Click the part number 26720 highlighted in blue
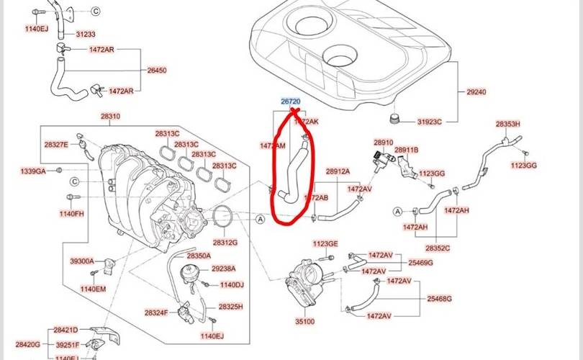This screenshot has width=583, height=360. click(290, 102)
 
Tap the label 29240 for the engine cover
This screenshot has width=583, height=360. click(476, 92)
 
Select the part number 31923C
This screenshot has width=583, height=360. click(430, 122)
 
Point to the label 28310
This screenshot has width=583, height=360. click(110, 116)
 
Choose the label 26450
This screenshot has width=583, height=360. click(157, 71)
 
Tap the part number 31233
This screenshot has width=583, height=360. click(86, 34)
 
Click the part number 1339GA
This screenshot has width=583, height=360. click(32, 171)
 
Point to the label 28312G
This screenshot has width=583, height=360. click(225, 243)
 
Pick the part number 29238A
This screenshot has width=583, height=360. click(224, 269)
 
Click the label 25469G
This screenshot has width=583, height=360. click(420, 263)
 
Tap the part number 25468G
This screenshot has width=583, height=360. click(440, 298)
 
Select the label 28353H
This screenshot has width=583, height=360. click(507, 124)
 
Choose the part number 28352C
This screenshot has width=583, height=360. click(437, 248)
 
